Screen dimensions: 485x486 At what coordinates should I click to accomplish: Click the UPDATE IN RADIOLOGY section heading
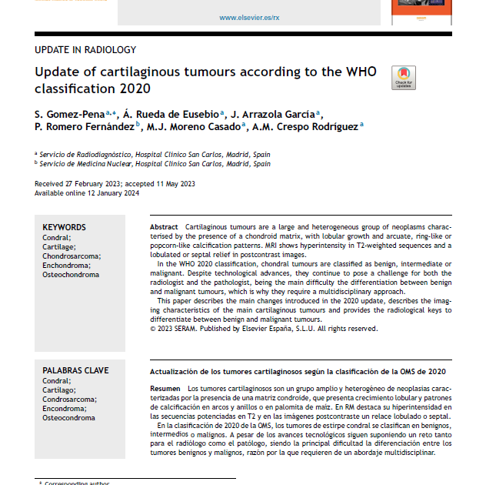click(x=85, y=50)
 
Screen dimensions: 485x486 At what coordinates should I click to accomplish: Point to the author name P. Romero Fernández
click(x=85, y=126)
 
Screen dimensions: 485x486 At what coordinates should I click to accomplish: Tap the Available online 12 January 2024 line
click(x=87, y=192)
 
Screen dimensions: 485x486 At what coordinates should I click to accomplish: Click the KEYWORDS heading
click(x=64, y=228)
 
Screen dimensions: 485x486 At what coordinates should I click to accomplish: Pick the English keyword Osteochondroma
click(x=71, y=275)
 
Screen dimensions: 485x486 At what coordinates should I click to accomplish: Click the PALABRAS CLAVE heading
click(x=75, y=371)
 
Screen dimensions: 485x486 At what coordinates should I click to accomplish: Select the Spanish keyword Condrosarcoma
click(x=70, y=400)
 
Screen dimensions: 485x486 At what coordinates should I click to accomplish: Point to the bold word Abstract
click(x=164, y=228)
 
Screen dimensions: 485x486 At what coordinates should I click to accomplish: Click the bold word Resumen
click(x=166, y=389)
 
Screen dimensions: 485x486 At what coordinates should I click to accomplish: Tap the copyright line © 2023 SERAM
click(x=263, y=329)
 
